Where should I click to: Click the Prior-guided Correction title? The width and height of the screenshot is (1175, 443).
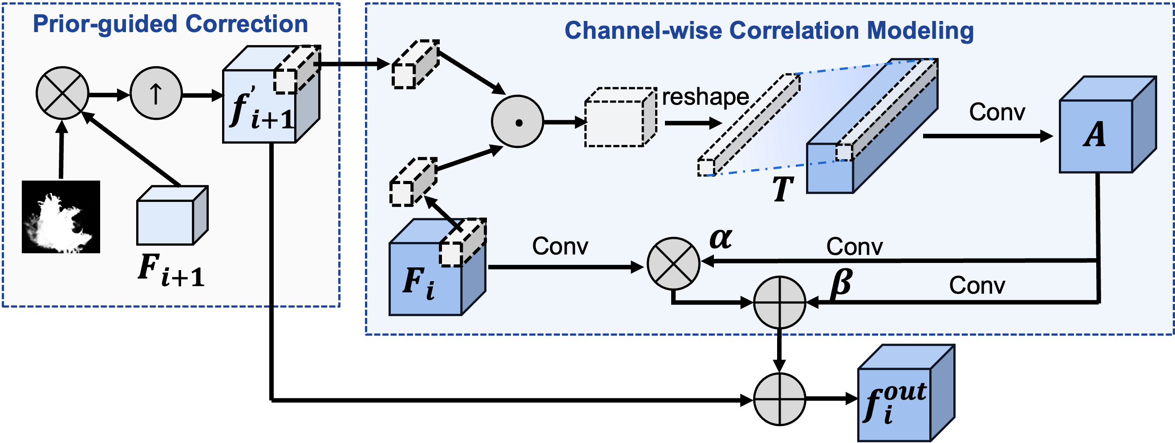click(x=170, y=24)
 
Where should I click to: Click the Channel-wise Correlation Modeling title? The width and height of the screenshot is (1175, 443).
click(x=769, y=31)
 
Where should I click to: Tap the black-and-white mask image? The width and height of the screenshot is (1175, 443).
click(x=61, y=217)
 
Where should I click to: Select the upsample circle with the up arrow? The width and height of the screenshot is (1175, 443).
click(x=156, y=94)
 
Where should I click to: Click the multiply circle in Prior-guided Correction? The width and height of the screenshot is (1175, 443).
click(x=62, y=93)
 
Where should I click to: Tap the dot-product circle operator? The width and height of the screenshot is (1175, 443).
click(x=517, y=122)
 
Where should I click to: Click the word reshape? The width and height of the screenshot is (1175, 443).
click(x=705, y=97)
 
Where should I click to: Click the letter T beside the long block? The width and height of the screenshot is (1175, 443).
click(x=783, y=189)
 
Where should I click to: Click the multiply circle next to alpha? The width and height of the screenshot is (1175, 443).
click(x=673, y=263)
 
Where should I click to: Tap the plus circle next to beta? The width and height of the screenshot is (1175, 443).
click(x=779, y=302)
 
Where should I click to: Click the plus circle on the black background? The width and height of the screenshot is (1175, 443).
click(x=779, y=400)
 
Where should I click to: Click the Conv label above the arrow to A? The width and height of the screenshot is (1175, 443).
click(x=997, y=112)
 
